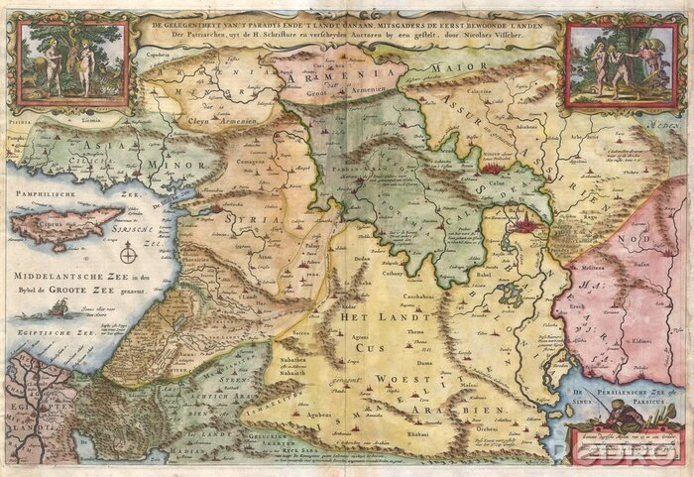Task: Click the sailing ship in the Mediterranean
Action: (60, 309)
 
